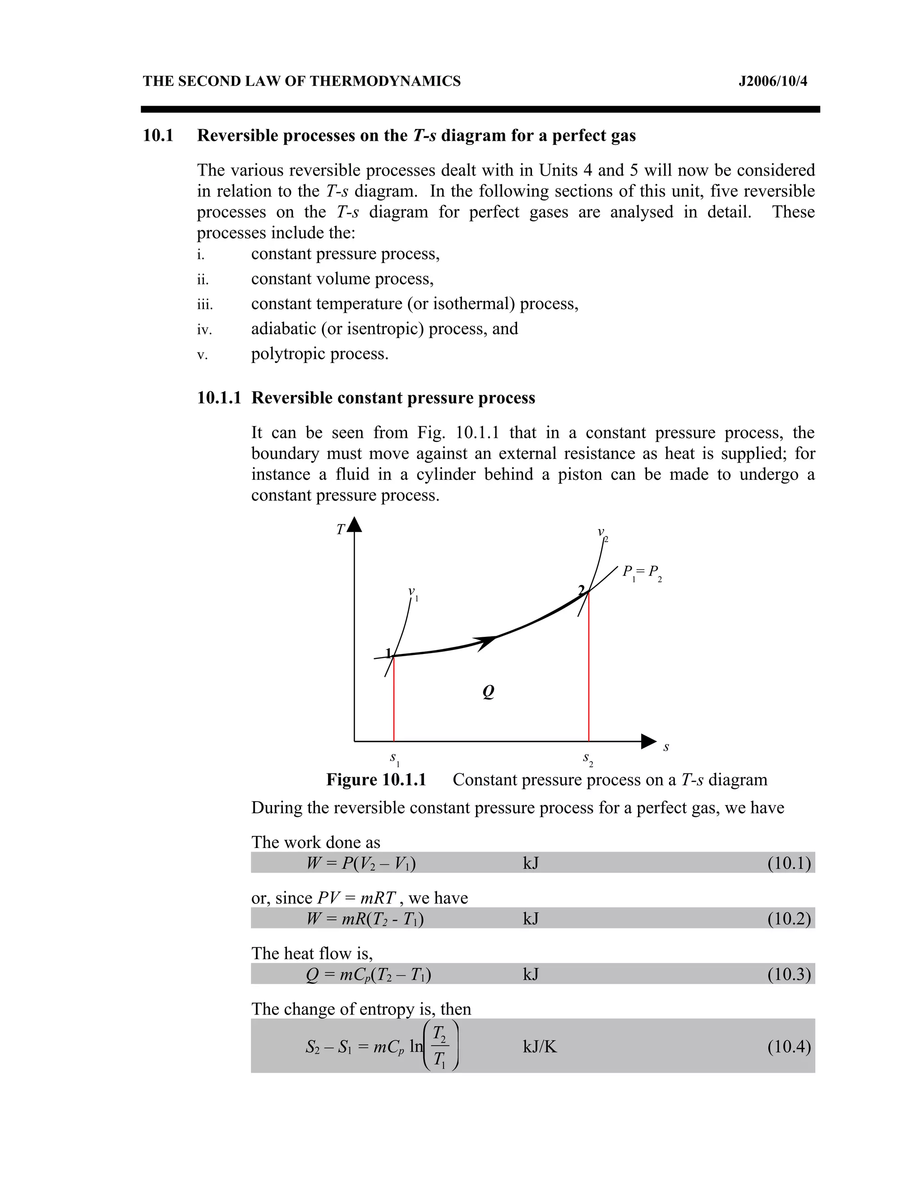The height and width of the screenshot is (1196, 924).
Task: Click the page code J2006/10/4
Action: pos(772,82)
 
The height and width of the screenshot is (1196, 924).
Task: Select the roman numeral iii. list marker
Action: pos(205,305)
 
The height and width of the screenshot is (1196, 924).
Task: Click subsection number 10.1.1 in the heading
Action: pos(219,398)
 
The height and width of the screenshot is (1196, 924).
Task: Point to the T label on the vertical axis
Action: pos(340,529)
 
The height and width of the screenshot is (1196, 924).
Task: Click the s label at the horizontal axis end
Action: pos(665,747)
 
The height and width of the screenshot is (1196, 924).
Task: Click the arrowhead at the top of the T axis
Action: pos(355,524)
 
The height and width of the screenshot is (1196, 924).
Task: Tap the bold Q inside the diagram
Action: pos(488,692)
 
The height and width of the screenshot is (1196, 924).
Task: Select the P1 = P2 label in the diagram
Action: pos(642,573)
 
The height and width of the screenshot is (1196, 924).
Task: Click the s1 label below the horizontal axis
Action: pos(394,759)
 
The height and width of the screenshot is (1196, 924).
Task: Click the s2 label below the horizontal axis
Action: pos(588,759)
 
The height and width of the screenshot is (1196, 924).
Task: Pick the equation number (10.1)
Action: pos(788,863)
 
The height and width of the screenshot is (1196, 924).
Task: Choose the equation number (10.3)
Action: pos(788,974)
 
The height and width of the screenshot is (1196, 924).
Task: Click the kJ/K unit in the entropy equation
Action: pos(539,1047)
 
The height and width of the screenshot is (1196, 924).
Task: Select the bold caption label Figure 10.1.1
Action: pos(376,780)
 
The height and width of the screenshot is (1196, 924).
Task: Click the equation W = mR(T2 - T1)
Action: pos(365,918)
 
